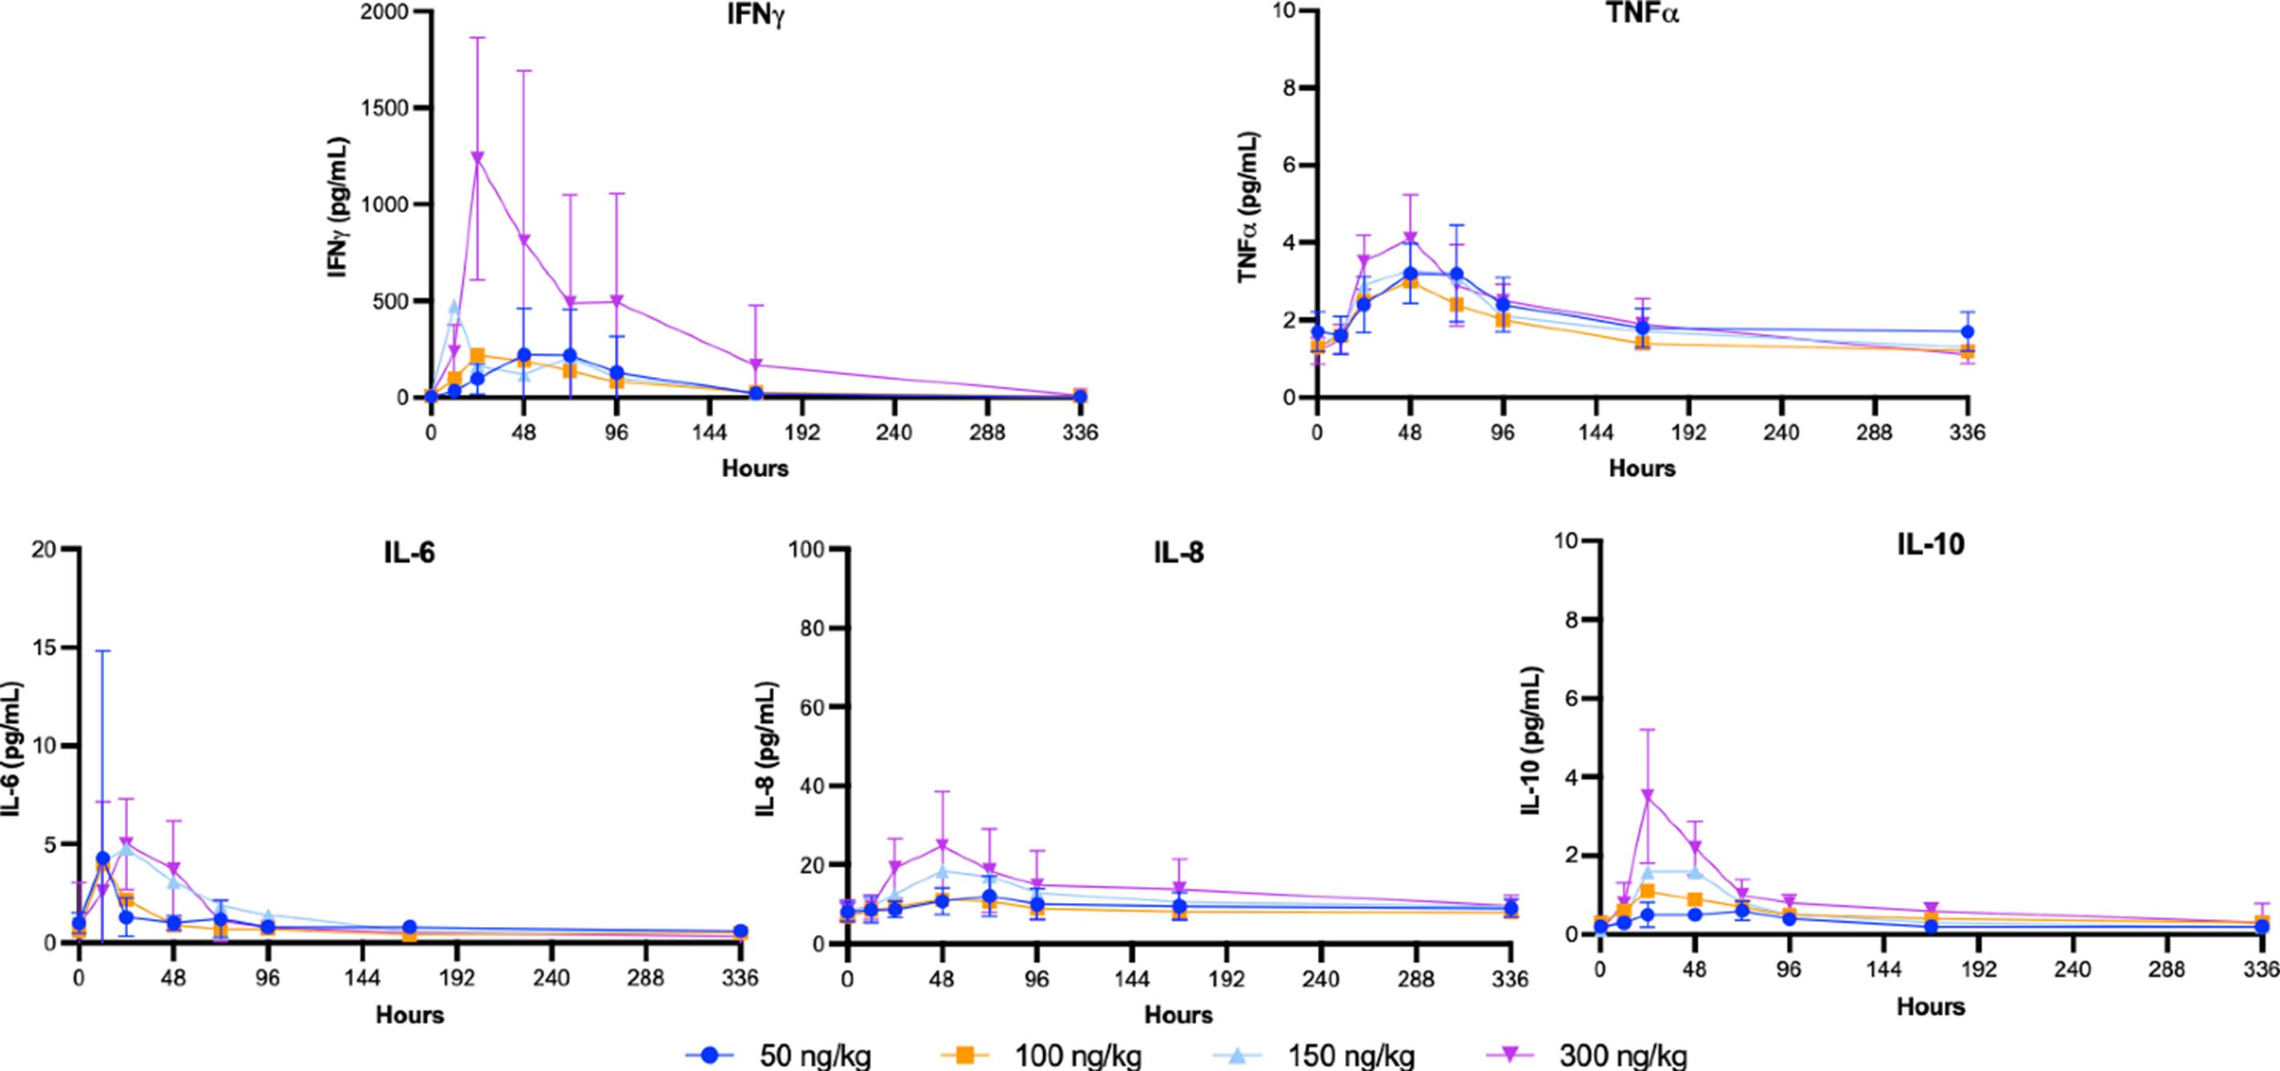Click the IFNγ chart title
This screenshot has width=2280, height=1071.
pos(754,18)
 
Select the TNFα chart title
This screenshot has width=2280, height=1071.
pos(1642,16)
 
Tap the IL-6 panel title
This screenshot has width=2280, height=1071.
pos(410,552)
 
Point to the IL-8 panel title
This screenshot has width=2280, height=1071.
pos(1178,552)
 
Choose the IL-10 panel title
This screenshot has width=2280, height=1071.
pos(1930,545)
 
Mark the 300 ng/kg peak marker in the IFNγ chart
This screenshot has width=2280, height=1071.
pos(478,158)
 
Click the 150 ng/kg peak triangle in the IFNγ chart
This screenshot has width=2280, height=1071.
pos(455,307)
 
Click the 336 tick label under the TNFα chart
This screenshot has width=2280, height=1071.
pos(1967,433)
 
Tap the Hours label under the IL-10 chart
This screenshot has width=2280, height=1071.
pos(1930,1006)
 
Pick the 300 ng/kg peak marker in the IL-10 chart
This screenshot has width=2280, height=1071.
pos(1648,796)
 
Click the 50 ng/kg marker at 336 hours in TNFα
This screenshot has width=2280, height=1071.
pos(1967,332)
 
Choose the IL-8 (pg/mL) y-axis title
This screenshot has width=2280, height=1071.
pos(769,748)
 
